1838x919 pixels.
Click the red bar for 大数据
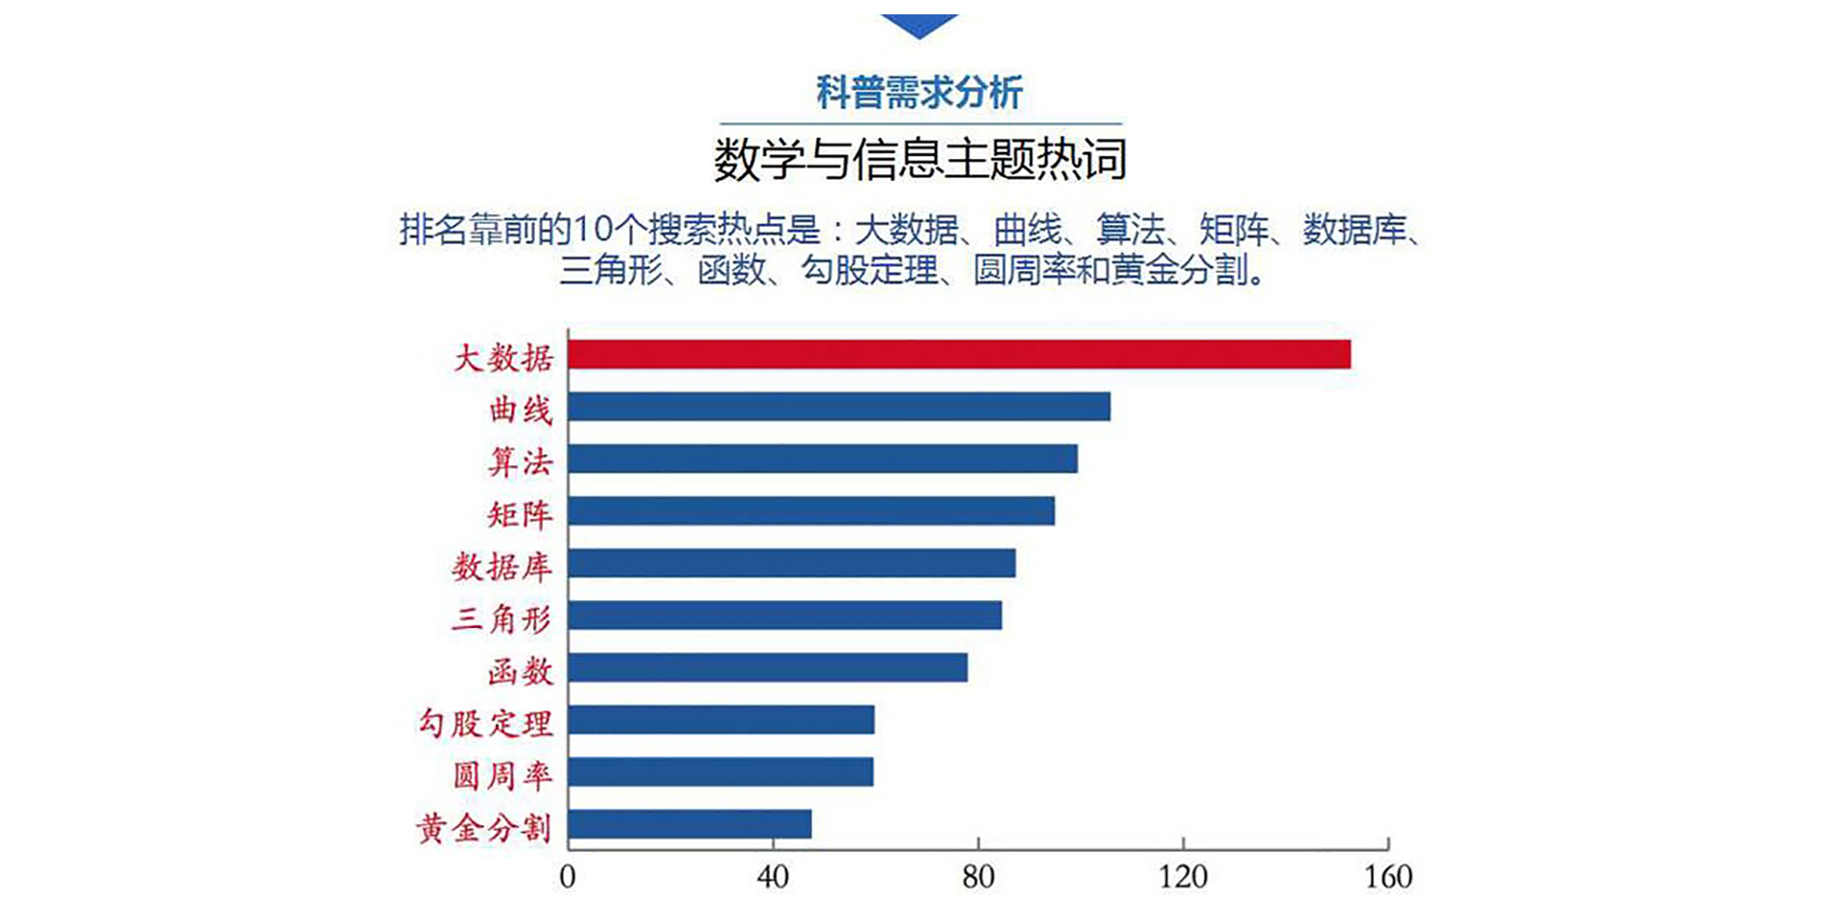point(958,354)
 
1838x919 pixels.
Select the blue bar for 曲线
point(839,407)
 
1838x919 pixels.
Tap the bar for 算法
point(822,459)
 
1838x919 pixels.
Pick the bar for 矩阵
point(811,511)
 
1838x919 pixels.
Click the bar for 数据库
point(792,563)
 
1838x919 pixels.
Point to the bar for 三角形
point(785,616)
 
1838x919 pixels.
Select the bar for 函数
point(768,667)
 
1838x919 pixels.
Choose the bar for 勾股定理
point(721,720)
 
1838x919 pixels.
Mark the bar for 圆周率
point(721,772)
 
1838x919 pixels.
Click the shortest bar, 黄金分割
point(689,824)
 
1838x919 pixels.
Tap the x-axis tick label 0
point(568,877)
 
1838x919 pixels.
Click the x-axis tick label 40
point(773,877)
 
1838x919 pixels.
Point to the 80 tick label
point(978,877)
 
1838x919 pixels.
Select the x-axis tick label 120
point(1183,877)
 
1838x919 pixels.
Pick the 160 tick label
point(1388,877)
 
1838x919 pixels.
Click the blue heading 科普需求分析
point(919,93)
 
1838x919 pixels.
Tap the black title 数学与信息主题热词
point(919,159)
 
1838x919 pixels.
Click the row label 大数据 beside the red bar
point(504,358)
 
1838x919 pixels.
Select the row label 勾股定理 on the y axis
point(485,723)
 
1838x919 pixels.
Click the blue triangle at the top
point(919,25)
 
